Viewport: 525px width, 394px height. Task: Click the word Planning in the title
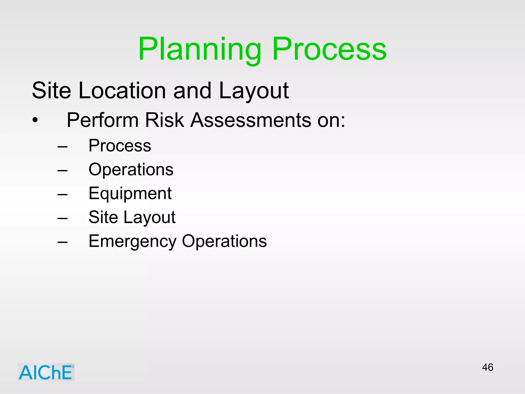[199, 49]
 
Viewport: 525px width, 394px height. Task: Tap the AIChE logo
[46, 372]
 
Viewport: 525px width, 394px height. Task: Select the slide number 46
[487, 367]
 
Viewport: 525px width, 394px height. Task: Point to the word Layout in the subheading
[254, 91]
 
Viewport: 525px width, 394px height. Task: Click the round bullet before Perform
[35, 120]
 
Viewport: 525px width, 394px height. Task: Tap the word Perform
[103, 120]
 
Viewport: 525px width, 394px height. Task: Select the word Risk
[164, 120]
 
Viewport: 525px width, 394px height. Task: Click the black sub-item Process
[120, 146]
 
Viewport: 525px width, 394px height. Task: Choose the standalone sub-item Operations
[131, 170]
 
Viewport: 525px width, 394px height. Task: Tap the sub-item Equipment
[130, 194]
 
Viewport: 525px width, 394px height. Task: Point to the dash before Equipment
[63, 195]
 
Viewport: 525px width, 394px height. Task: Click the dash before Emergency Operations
[63, 242]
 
